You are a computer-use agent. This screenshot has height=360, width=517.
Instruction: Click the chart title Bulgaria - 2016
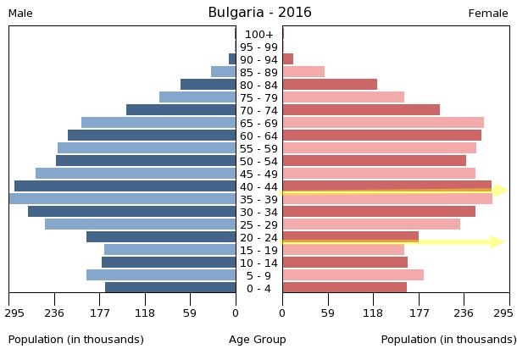259,13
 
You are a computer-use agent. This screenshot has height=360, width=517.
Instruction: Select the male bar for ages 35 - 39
123,199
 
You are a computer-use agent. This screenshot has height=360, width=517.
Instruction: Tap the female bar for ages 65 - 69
383,123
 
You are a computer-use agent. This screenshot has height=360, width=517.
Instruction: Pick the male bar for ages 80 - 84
208,85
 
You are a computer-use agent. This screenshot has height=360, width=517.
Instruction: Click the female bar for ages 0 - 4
344,288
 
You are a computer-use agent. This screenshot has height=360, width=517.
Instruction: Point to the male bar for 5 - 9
161,275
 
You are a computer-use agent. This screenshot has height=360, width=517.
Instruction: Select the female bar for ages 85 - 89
303,72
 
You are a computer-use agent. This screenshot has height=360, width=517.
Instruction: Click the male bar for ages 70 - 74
181,110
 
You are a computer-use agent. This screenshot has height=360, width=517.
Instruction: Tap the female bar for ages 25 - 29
371,224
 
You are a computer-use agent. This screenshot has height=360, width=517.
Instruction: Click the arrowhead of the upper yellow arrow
501,191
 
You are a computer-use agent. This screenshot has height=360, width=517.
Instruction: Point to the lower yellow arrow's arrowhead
498,242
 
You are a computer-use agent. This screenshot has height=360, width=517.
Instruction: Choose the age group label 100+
258,35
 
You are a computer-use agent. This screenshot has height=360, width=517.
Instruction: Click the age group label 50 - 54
258,161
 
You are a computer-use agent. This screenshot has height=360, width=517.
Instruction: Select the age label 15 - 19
258,250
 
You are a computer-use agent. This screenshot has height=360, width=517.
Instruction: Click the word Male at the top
20,14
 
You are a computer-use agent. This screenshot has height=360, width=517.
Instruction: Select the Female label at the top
488,14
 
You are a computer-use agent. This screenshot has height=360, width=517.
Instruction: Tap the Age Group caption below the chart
258,340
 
